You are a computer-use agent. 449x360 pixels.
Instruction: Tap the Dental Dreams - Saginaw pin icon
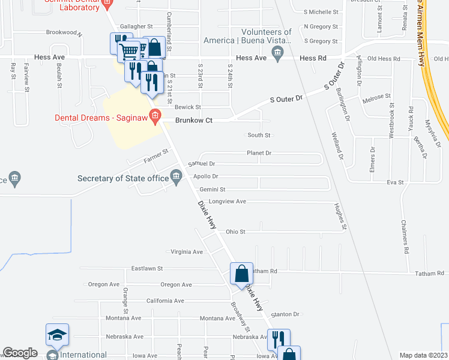pos(154,116)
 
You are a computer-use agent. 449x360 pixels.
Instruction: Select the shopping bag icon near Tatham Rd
pos(241,273)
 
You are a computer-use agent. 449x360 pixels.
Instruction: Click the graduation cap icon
pos(57,334)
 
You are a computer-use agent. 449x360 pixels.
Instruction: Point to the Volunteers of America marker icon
pos(277,56)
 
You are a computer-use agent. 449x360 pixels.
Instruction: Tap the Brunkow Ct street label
pos(194,120)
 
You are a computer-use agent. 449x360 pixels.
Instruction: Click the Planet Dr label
pos(259,153)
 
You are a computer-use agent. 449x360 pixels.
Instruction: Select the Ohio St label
pos(236,232)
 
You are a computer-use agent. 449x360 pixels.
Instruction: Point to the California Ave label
pos(165,301)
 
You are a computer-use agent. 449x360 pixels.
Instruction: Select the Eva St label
pos(394,182)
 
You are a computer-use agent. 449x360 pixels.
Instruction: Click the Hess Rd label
pos(314,58)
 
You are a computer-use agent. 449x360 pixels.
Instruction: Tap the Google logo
pos(20,353)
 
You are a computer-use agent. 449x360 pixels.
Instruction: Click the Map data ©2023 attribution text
pos(423,355)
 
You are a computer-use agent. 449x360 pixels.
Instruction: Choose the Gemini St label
pos(212,189)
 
